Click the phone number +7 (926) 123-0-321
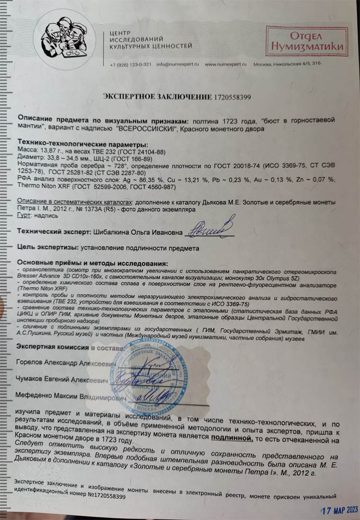(130, 65)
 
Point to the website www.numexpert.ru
(225, 65)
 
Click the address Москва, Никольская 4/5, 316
(287, 65)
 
